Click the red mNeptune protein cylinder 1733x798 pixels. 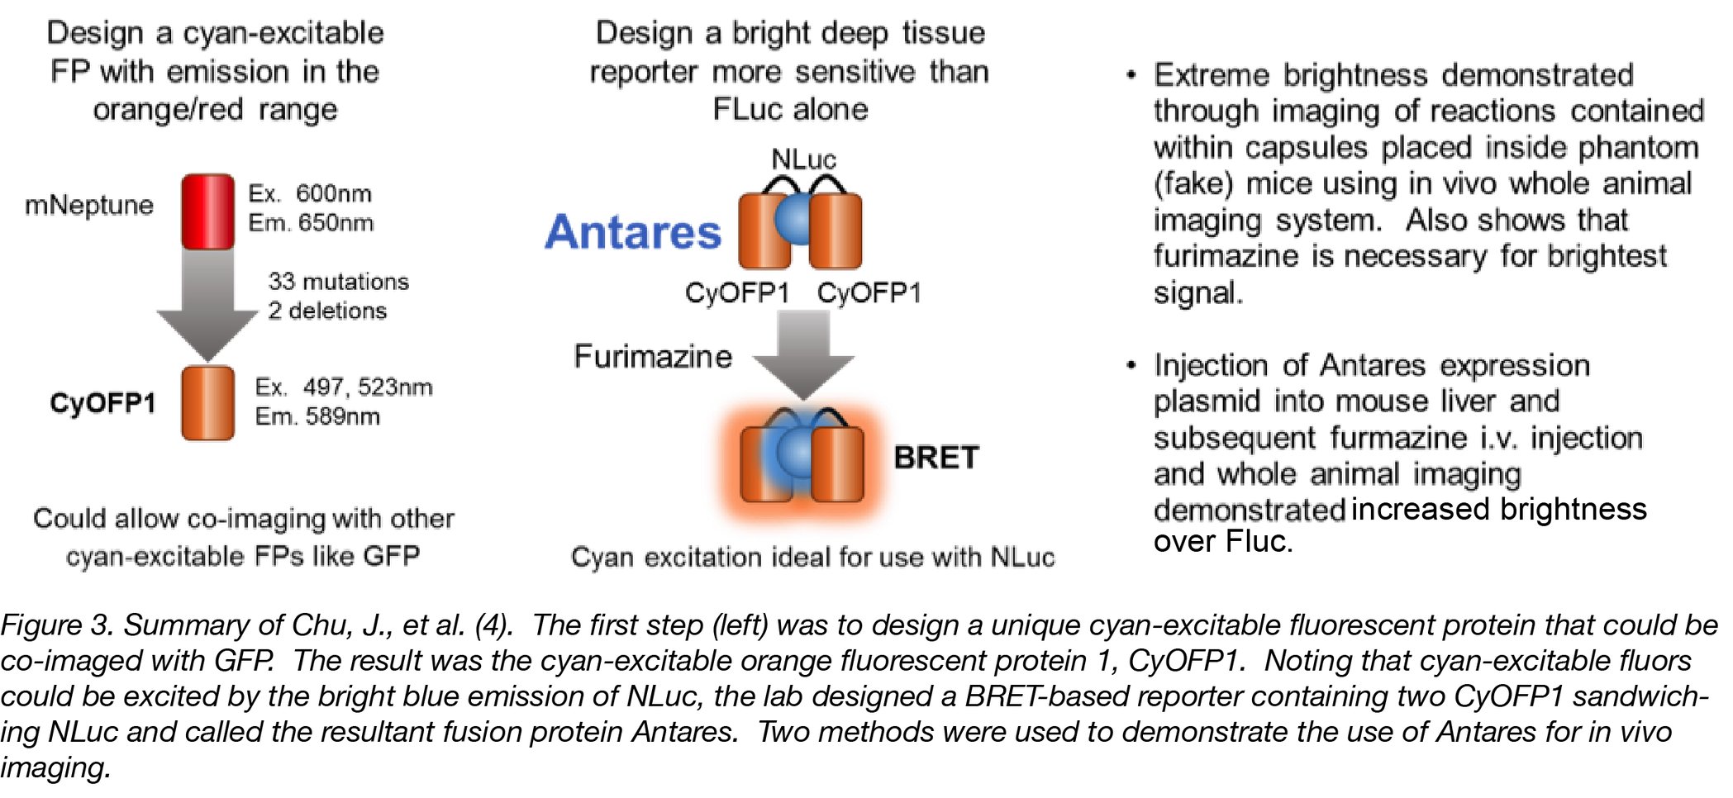(207, 211)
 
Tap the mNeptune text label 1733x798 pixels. (89, 205)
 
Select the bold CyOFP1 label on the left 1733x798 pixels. (102, 403)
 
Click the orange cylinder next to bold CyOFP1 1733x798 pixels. (207, 403)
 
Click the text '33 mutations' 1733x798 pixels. (338, 281)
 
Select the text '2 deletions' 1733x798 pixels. (327, 311)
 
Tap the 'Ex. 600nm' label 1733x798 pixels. (310, 193)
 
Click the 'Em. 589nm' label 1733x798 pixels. (317, 416)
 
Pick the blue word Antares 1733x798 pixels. (633, 232)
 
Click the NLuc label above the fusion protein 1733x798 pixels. (803, 159)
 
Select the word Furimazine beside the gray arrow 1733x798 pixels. (653, 356)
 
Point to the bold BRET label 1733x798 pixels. (936, 457)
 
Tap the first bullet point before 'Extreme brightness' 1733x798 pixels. (1131, 75)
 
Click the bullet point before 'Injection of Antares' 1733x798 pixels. (1131, 365)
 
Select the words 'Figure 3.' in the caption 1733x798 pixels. (55, 625)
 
